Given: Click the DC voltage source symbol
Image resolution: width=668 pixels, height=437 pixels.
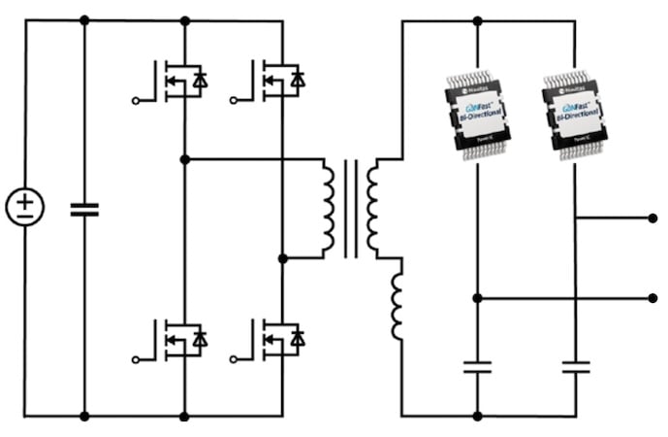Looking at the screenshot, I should pyautogui.click(x=25, y=208).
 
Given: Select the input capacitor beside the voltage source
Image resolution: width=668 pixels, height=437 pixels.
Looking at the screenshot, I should pyautogui.click(x=84, y=208).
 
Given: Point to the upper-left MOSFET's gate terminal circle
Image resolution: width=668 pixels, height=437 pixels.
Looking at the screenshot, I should pyautogui.click(x=136, y=99).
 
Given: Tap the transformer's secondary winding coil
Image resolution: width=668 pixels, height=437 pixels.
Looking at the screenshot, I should pyautogui.click(x=372, y=208).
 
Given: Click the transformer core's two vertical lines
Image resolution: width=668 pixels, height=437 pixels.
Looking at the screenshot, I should pyautogui.click(x=350, y=208).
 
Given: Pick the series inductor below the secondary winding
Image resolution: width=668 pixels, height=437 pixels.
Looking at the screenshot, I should pyautogui.click(x=398, y=307).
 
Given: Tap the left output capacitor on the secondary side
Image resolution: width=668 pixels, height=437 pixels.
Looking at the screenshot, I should pyautogui.click(x=477, y=367).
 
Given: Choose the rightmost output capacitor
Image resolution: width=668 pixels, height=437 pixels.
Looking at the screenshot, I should pyautogui.click(x=576, y=367).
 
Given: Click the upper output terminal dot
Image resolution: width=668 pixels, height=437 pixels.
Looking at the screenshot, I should pyautogui.click(x=652, y=218).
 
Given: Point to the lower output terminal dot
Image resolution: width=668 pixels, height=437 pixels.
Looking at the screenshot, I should pyautogui.click(x=652, y=298).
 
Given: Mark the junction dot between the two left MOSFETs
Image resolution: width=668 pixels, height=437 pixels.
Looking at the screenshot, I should pyautogui.click(x=184, y=158).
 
